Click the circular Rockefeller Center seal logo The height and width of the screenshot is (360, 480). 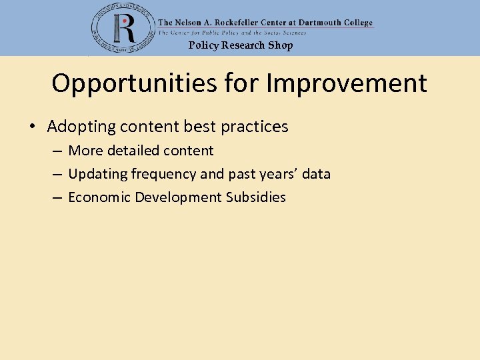pyautogui.click(x=122, y=28)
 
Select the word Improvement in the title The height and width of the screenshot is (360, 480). pyautogui.click(x=346, y=84)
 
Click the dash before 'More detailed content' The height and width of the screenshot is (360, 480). pyautogui.click(x=57, y=151)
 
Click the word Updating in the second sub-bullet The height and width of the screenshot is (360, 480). pyautogui.click(x=97, y=174)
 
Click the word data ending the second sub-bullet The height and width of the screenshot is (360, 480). pyautogui.click(x=316, y=174)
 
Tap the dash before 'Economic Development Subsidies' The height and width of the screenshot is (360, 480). pyautogui.click(x=57, y=198)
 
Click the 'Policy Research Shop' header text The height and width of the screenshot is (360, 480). pyautogui.click(x=240, y=45)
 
